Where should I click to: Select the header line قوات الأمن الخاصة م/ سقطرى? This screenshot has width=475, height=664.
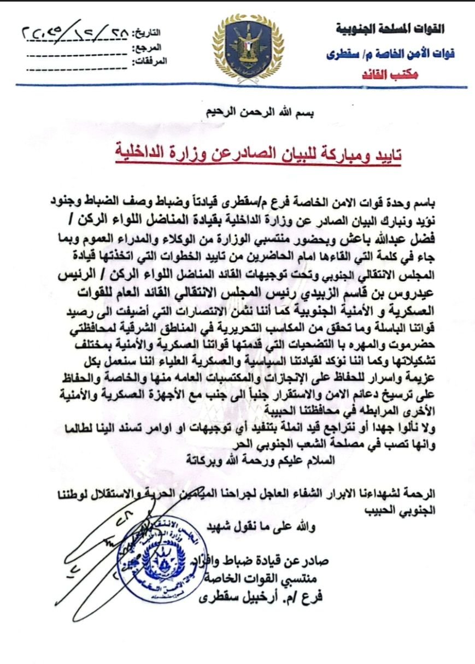tap(391, 53)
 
